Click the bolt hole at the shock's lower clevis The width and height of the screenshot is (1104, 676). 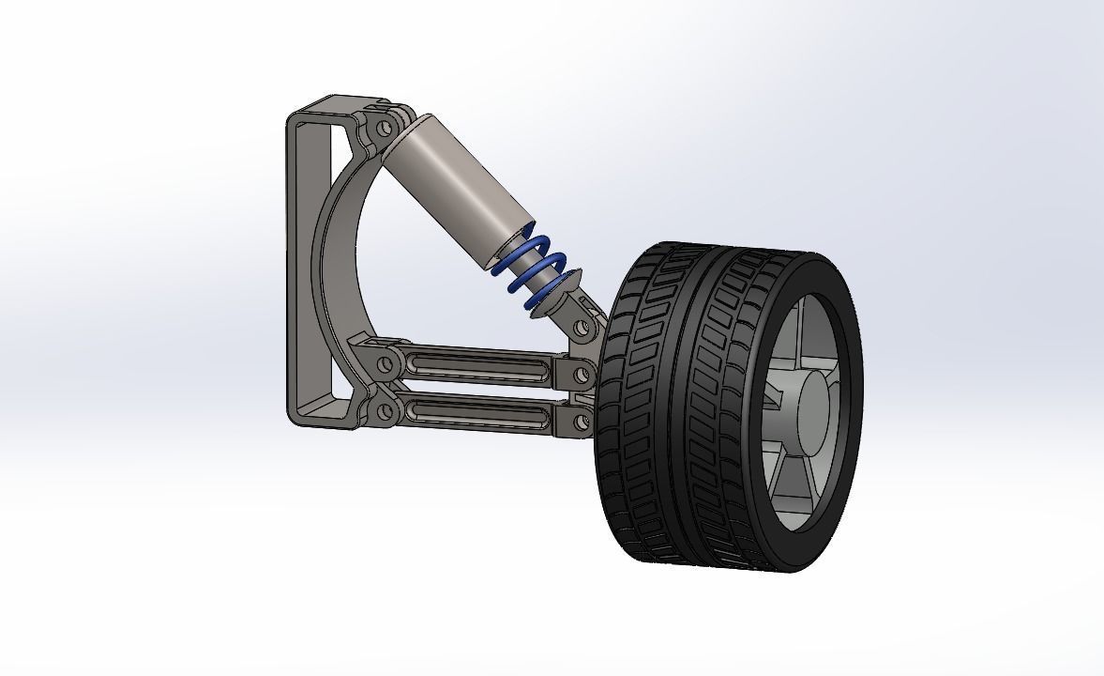582,328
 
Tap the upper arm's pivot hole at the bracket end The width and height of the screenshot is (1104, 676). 385,361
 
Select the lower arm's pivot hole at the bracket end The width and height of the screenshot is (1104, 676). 385,410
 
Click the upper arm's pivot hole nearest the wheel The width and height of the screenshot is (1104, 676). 582,375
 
